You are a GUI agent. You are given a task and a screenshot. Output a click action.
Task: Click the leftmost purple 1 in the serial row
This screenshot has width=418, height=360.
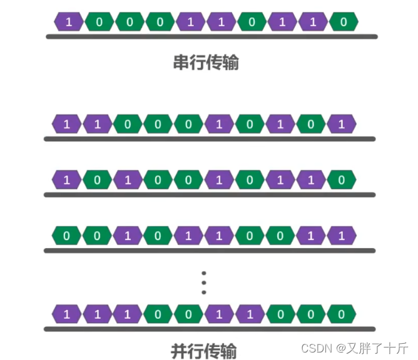[x=69, y=22]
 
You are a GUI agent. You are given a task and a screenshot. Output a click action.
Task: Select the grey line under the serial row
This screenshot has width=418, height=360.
[x=212, y=37]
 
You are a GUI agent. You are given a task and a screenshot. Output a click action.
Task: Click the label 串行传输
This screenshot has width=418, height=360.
[x=206, y=62]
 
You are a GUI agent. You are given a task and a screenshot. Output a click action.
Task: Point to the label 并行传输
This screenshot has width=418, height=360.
[x=204, y=350]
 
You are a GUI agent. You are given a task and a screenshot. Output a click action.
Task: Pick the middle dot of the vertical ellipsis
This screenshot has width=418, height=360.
[x=203, y=282]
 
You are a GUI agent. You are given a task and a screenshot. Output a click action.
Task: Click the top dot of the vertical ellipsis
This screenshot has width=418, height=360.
[x=203, y=273]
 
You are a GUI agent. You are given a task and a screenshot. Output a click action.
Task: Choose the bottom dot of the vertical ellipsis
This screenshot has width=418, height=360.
[x=203, y=292]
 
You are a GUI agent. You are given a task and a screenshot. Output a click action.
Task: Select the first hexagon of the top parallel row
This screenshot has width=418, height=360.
[x=66, y=124]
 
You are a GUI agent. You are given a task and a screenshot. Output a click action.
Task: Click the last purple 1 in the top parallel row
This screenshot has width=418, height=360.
[x=342, y=124]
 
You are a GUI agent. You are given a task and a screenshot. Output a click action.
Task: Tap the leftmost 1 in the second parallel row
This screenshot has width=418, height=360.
[x=66, y=180]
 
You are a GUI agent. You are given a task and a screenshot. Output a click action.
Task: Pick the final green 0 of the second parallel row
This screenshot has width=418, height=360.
[x=342, y=180]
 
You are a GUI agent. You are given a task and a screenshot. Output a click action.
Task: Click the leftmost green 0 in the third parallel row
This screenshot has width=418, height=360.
[x=66, y=236]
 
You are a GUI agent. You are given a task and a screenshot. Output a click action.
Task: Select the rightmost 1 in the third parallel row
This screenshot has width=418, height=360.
[x=342, y=236]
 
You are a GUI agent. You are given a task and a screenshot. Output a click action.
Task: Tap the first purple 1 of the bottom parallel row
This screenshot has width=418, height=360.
[x=66, y=314]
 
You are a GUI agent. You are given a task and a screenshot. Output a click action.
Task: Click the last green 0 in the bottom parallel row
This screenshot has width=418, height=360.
[x=342, y=314]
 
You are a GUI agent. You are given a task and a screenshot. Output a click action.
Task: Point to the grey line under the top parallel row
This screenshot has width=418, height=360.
[x=210, y=139]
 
